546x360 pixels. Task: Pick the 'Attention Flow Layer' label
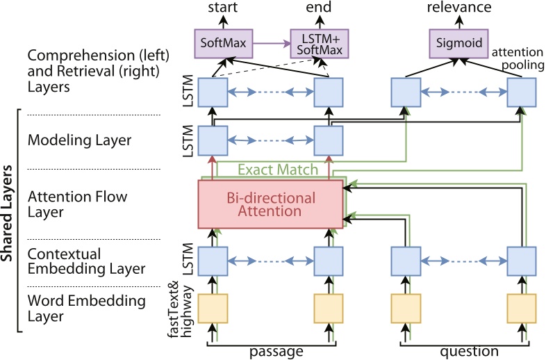point(76,204)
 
